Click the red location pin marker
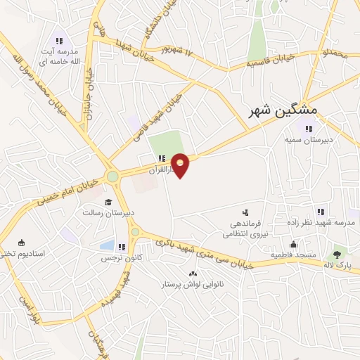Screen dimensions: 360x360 click(181, 165)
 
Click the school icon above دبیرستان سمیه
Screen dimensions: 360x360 click(309, 128)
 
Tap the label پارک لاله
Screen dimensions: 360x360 click(339, 265)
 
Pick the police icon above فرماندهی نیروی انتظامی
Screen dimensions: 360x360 click(245, 211)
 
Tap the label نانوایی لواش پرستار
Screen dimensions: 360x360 click(193, 285)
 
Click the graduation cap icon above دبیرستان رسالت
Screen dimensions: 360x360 click(108, 202)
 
